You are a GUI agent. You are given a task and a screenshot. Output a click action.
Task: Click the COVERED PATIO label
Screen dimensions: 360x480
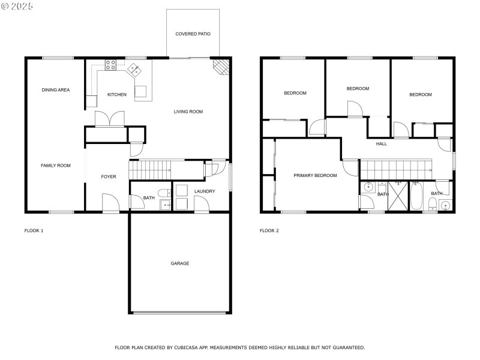[x=193, y=34]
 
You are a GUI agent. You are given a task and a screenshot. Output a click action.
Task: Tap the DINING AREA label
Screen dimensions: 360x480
[x=55, y=90]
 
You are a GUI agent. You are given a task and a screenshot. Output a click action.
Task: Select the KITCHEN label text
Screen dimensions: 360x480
[x=116, y=95]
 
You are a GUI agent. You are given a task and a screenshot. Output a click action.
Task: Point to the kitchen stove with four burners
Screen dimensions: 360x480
[x=111, y=65]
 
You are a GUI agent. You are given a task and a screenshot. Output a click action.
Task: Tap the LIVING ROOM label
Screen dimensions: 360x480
[x=188, y=112]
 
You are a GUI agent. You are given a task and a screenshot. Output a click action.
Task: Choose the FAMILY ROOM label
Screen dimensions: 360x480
[x=55, y=166]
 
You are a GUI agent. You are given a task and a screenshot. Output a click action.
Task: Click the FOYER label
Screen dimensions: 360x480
[x=108, y=176]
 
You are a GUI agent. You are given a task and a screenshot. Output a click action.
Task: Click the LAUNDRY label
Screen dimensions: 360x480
[x=205, y=191]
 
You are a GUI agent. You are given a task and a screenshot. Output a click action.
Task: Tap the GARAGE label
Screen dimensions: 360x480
[x=179, y=263]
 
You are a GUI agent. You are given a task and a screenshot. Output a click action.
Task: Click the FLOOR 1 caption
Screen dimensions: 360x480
[x=34, y=230]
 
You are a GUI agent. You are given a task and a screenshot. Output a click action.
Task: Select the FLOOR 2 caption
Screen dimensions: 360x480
[x=269, y=230]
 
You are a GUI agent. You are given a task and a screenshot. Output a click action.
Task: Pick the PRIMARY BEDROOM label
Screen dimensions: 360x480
[x=315, y=176]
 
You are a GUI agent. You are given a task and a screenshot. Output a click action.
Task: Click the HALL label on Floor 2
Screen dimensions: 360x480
[x=382, y=144]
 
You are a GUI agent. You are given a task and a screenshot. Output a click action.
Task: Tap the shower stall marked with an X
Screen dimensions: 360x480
[x=398, y=196]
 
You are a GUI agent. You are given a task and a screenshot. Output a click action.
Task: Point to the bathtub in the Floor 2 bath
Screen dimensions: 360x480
[x=416, y=196]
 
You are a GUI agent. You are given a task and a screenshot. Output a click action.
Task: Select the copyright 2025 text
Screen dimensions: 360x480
[x=18, y=6]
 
